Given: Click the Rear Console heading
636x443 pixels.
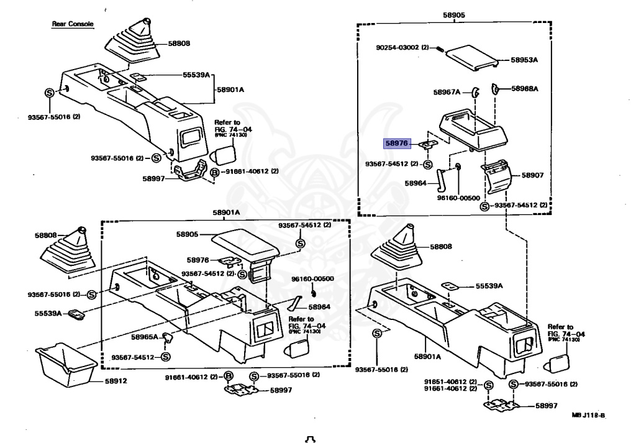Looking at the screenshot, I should pos(72,24).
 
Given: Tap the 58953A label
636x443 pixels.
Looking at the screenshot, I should pos(524,60).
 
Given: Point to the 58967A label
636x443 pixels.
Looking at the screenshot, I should pos(447,92).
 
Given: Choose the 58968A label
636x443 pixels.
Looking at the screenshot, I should pos(525,89).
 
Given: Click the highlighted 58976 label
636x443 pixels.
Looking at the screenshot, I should pos(396,143).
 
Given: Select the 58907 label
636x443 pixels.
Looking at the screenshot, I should pos(532,175).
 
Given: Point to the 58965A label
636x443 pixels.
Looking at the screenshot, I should pos(145,337).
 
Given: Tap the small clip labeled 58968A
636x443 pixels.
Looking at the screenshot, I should pos(496,88).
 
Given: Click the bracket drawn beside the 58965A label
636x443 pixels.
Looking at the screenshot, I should pos(167,337).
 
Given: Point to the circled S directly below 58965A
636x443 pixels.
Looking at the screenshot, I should pos(165,357).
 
